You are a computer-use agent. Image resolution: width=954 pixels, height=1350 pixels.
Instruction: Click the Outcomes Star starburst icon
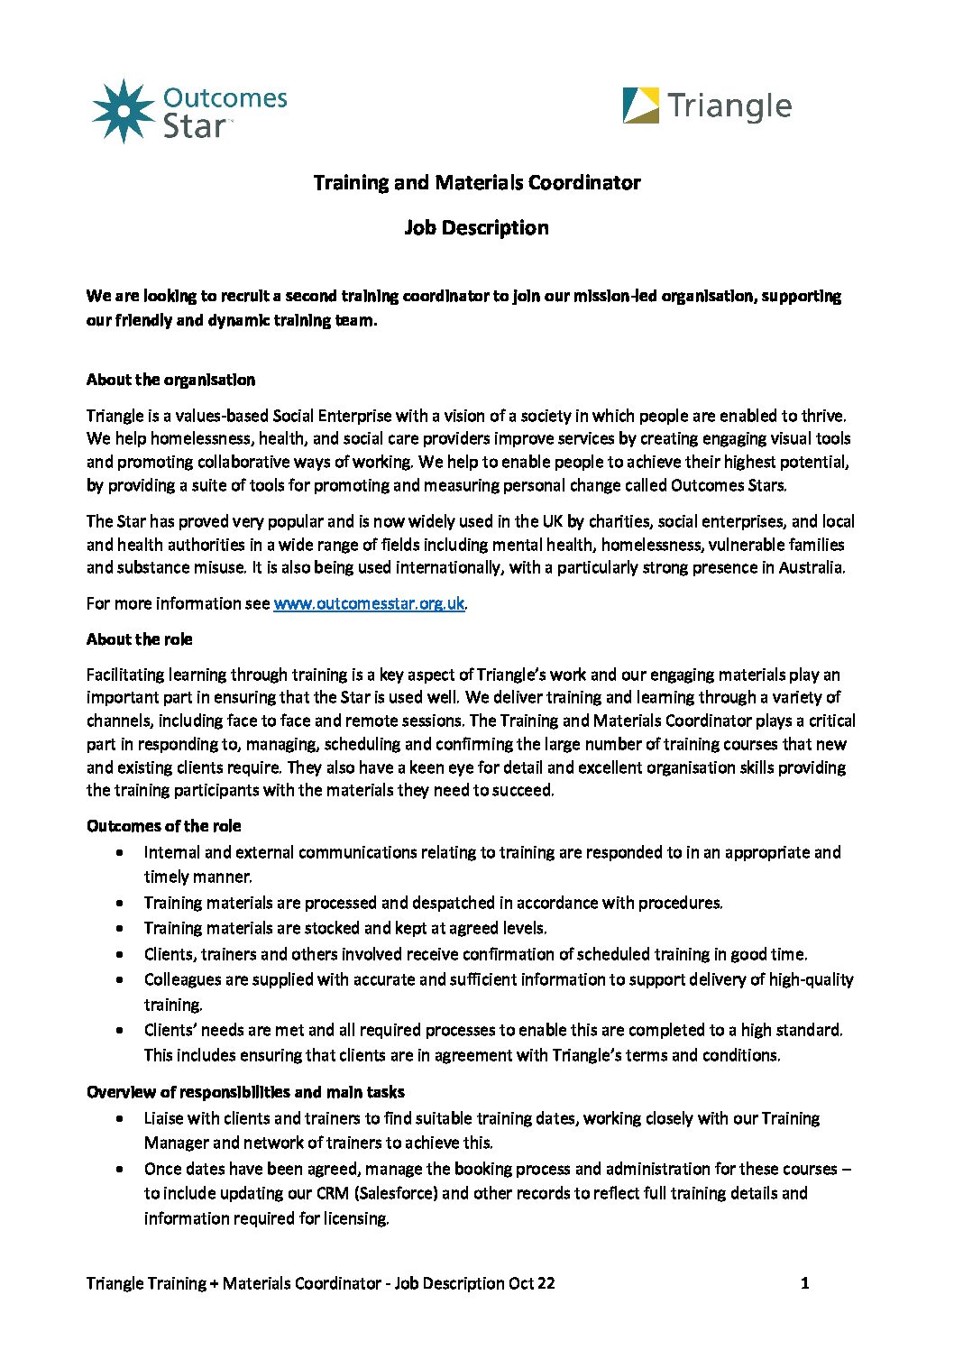124,111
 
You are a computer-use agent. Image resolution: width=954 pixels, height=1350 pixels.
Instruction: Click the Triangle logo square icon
641,106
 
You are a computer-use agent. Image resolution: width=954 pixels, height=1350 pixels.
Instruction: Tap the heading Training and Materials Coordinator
476,183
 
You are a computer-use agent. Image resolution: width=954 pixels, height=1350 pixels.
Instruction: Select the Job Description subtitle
476,228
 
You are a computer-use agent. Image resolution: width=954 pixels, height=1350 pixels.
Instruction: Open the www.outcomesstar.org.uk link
369,603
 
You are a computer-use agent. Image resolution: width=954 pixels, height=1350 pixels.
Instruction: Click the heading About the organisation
170,380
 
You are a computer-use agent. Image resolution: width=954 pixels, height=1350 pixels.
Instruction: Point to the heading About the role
139,639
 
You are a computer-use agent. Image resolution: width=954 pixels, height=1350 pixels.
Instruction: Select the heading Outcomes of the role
163,826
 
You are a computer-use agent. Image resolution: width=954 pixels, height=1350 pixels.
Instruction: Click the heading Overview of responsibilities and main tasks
245,1092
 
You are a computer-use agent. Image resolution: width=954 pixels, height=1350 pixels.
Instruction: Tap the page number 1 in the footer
804,1283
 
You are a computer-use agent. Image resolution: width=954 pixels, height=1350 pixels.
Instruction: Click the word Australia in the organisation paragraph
811,568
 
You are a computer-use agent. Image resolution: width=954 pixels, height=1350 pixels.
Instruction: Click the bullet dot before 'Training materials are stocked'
120,929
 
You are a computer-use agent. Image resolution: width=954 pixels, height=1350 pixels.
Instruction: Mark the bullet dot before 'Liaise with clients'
120,1119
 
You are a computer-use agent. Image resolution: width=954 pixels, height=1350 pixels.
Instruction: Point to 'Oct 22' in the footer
532,1283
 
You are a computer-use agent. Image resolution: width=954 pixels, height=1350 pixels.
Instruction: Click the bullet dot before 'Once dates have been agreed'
120,1170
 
